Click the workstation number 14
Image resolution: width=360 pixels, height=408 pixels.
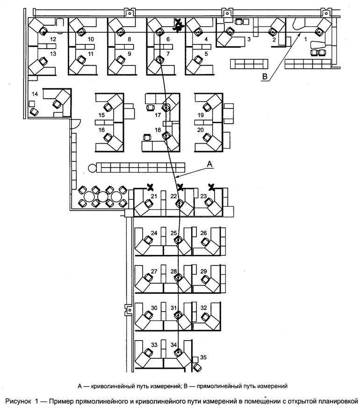click(34, 95)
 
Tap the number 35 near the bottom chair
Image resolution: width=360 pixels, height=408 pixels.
click(203, 357)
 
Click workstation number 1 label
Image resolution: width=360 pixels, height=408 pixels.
click(306, 40)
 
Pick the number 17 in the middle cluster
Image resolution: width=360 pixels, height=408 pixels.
click(158, 115)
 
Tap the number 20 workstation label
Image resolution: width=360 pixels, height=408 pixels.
click(200, 130)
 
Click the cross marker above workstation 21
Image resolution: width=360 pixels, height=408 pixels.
click(151, 187)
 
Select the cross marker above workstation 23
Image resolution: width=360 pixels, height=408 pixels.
click(211, 187)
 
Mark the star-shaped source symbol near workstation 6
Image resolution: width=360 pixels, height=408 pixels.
click(178, 25)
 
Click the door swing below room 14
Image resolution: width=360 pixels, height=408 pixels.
click(76, 124)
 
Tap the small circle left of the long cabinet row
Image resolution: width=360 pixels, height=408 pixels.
click(91, 167)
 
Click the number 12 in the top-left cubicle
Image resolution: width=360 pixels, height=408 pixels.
click(53, 39)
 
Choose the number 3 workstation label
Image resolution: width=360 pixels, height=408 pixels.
click(249, 39)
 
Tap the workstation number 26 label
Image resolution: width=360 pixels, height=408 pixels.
click(203, 233)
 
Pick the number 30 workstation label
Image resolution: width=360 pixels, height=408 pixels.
click(154, 307)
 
